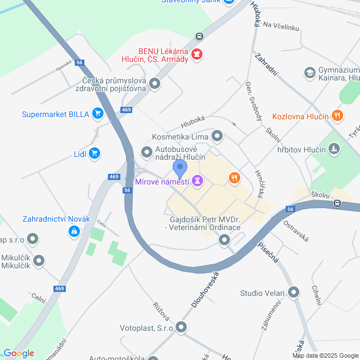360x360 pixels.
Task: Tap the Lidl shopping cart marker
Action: pos(94,152)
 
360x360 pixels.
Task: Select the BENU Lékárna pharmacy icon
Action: pos(197,55)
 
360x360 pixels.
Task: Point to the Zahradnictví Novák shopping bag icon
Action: pos(74,231)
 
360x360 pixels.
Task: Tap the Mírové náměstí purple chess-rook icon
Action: pos(197,181)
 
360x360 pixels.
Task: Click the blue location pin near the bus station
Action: pos(179,168)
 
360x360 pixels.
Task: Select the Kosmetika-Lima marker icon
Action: pos(217,136)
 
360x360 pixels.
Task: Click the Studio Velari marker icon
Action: pos(294,292)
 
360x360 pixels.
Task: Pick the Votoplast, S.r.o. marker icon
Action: pos(181,327)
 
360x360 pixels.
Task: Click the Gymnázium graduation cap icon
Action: pos(309,73)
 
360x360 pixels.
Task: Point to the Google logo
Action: pos(19,353)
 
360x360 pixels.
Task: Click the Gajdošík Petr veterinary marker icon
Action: pos(224,241)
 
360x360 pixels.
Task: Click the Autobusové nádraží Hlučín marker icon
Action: pos(147,152)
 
